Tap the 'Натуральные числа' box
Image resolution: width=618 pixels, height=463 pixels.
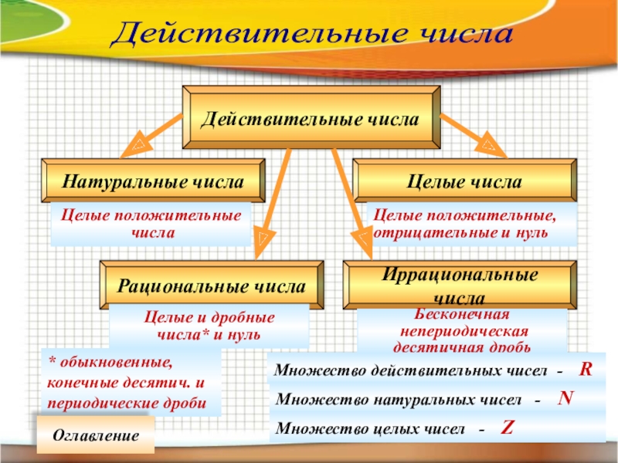pos(153,182)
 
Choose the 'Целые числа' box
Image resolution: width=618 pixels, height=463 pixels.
pos(464,182)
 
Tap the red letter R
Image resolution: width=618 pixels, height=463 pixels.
pos(586,370)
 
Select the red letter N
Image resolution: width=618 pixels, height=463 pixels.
pos(565,397)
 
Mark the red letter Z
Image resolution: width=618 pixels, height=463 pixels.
pos(508,427)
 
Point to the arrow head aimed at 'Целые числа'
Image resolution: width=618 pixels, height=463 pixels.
pos(489,144)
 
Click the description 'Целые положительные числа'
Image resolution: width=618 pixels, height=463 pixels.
pos(151,223)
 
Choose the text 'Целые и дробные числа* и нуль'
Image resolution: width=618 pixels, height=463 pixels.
pos(209,326)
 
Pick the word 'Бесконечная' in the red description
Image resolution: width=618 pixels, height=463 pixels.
pos(461,315)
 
